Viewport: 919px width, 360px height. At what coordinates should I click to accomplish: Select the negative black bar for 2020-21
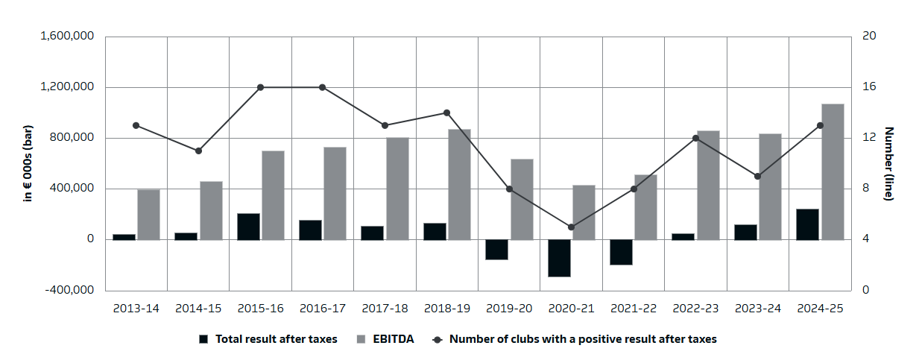pos(559,258)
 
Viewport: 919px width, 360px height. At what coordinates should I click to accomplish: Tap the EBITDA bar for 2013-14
pos(148,215)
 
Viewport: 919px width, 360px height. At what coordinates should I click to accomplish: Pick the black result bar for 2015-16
pos(248,227)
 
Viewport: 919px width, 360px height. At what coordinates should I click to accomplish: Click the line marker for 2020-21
pos(572,227)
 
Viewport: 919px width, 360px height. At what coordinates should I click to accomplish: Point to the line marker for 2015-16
pos(261,87)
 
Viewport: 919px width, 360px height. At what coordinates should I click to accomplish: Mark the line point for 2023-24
pos(757,176)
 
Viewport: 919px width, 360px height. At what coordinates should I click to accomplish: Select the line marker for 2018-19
pos(447,113)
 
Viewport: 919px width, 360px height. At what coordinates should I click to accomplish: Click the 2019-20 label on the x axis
pos(509,308)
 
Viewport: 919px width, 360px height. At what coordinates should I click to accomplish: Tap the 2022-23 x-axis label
pos(695,308)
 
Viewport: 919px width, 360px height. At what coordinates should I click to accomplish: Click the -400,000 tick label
pos(69,290)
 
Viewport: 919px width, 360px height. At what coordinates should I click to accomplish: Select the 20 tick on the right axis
pos(869,37)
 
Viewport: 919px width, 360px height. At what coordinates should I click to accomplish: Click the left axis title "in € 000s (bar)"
pos(28,163)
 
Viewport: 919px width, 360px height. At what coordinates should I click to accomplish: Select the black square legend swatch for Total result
pos(203,339)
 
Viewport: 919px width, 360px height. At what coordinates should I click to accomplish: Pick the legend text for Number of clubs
pos(582,339)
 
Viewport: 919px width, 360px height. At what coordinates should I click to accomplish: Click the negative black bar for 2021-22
pos(621,252)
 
